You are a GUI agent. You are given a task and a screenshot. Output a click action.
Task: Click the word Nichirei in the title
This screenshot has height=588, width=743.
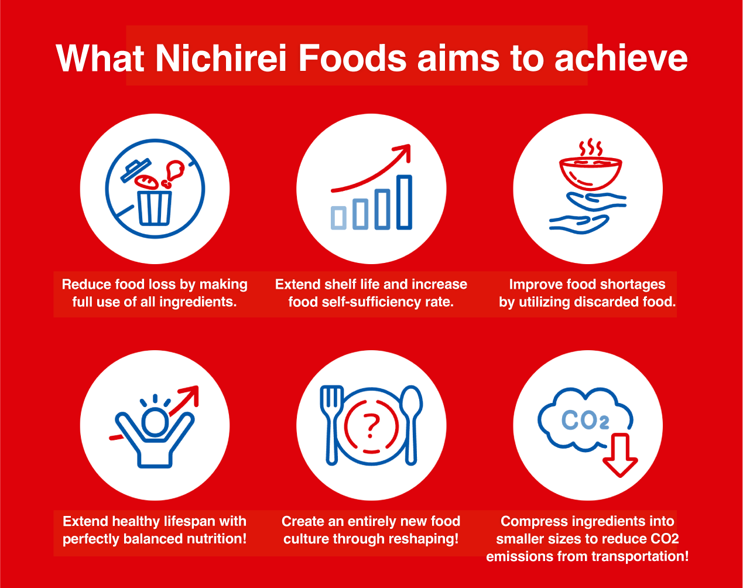[221, 58]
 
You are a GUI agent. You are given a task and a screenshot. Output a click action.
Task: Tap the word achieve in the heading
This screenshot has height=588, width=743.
[621, 58]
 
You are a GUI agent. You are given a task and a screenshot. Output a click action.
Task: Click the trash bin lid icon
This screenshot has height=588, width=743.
[136, 170]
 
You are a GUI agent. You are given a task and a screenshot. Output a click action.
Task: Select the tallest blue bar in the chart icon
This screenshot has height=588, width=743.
[404, 202]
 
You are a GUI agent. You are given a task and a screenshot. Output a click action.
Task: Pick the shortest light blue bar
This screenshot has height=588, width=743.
[338, 218]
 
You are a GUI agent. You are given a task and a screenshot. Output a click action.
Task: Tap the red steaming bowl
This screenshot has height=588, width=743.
[590, 173]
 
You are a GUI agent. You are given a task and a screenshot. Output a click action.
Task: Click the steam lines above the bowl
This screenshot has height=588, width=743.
[591, 147]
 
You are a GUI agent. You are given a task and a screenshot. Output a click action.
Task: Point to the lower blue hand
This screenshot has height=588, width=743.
[579, 224]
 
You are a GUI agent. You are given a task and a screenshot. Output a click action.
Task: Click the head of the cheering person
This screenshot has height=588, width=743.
[155, 422]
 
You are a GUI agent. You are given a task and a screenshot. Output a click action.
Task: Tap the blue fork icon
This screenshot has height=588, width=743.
[332, 425]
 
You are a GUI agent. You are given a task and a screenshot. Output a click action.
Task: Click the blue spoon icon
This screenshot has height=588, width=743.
[412, 425]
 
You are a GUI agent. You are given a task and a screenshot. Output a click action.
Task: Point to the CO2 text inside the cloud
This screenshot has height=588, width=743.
[586, 420]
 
